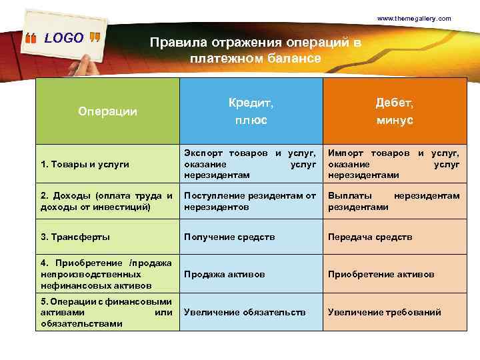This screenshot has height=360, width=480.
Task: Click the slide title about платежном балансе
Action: pyautogui.click(x=255, y=51)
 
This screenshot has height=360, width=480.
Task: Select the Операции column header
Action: pyautogui.click(x=107, y=111)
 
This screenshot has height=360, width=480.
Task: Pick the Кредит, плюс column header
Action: pyautogui.click(x=251, y=111)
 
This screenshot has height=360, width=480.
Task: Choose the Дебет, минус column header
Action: pyautogui.click(x=394, y=111)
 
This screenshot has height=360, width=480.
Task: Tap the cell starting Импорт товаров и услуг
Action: pyautogui.click(x=393, y=164)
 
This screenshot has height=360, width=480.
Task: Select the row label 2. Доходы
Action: pyautogui.click(x=107, y=201)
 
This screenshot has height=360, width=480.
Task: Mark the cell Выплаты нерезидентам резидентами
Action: pyautogui.click(x=393, y=201)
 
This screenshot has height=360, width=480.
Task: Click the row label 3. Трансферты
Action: pyautogui.click(x=75, y=237)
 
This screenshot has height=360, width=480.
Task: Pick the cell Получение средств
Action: pyautogui.click(x=229, y=237)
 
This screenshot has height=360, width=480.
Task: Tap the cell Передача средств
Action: pyautogui.click(x=370, y=237)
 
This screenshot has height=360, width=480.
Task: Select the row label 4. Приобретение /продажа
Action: pyautogui.click(x=107, y=274)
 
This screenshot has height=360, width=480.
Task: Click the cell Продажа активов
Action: pyautogui.click(x=224, y=274)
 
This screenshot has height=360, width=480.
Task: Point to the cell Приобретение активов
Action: pyautogui.click(x=381, y=274)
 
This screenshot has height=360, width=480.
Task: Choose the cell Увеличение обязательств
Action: pyautogui.click(x=245, y=312)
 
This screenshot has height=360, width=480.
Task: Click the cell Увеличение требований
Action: pyautogui.click(x=384, y=312)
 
